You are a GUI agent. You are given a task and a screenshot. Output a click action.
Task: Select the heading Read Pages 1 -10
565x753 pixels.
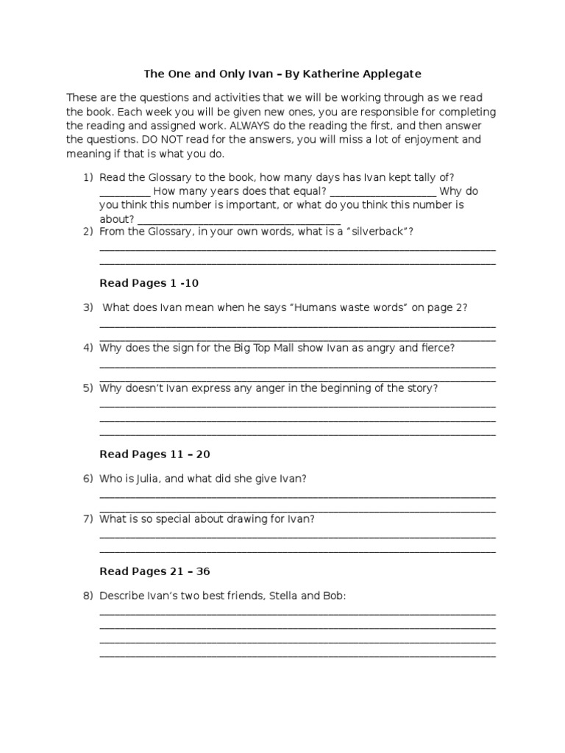[149, 283]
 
